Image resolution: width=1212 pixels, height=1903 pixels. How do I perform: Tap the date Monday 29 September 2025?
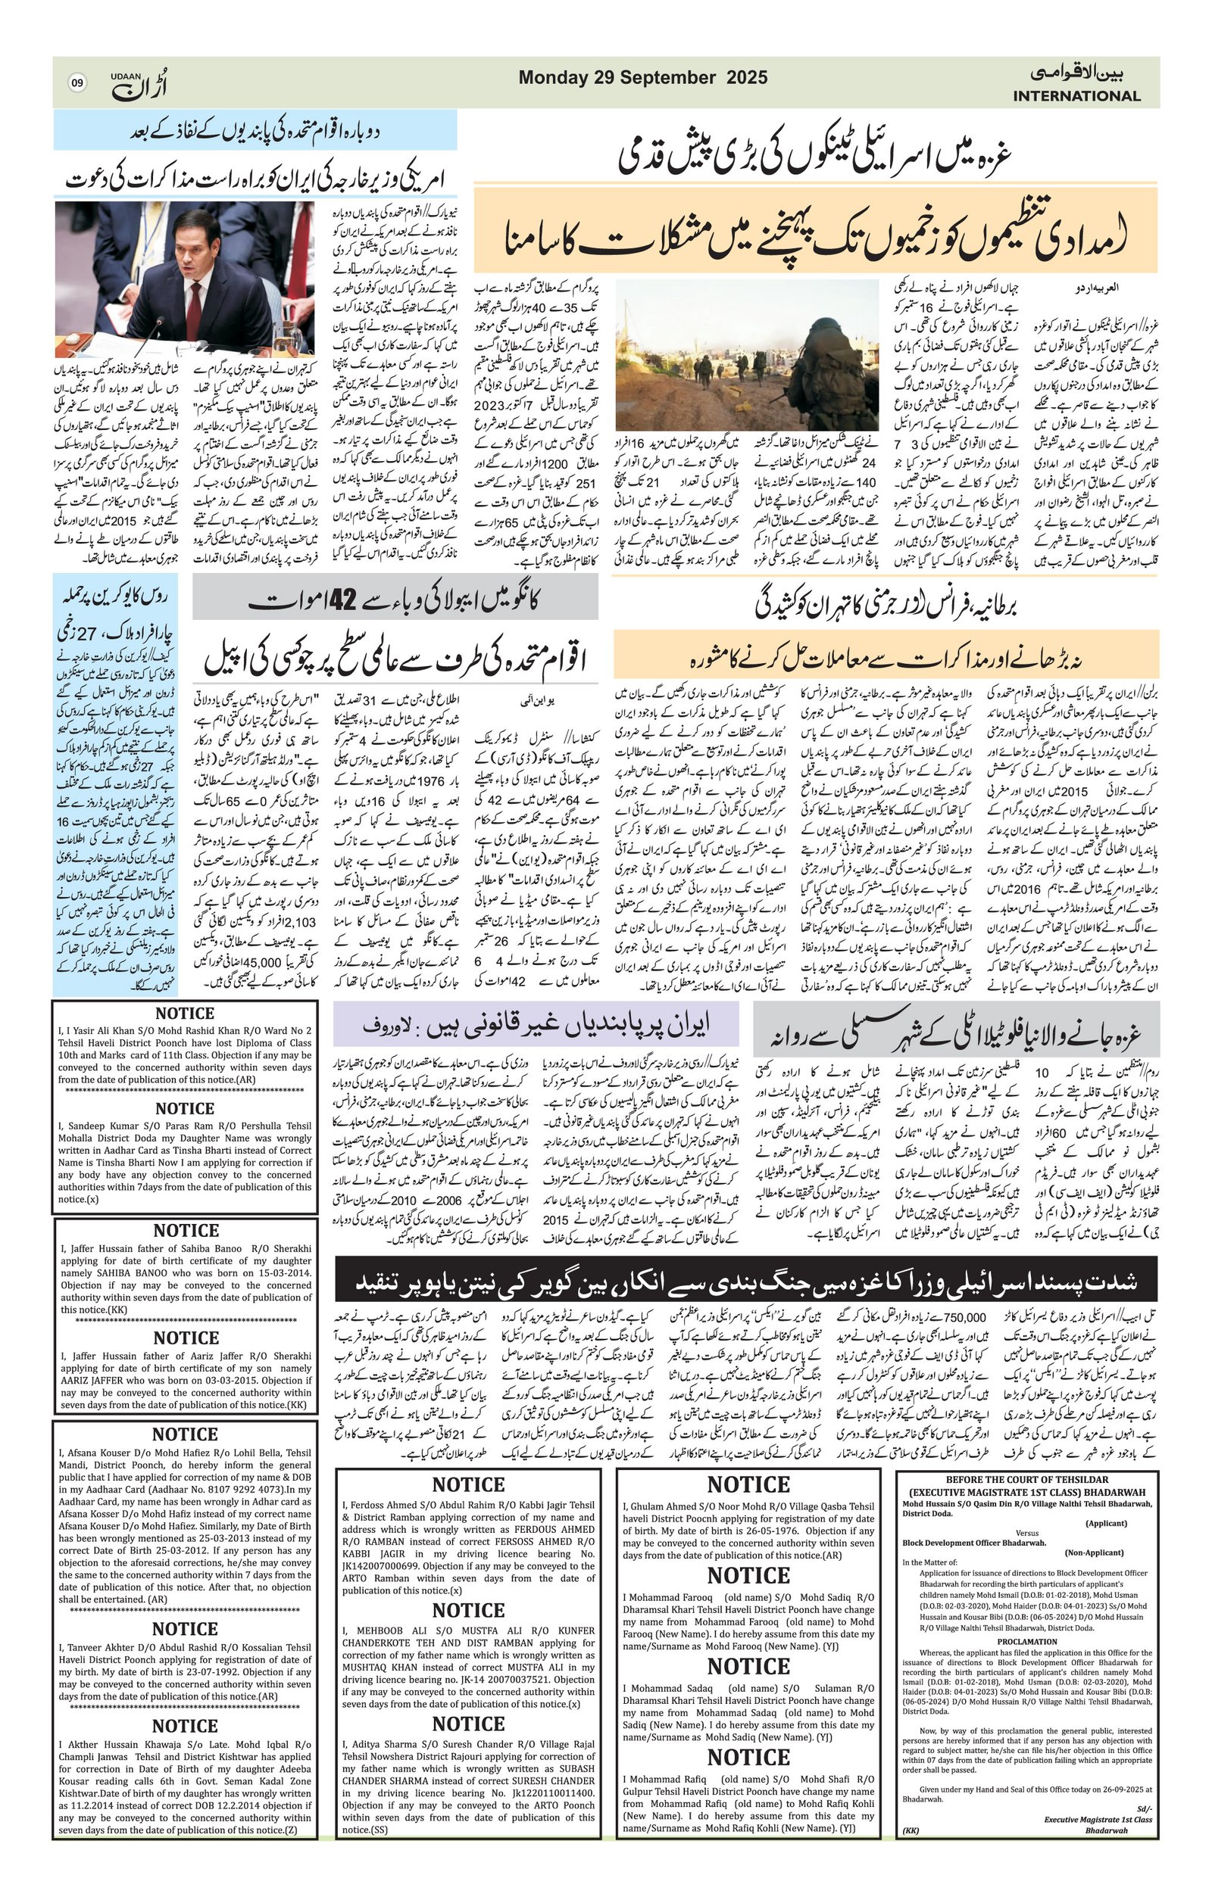coord(643,77)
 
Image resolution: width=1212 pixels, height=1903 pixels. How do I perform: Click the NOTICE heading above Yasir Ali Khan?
coord(184,1014)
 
